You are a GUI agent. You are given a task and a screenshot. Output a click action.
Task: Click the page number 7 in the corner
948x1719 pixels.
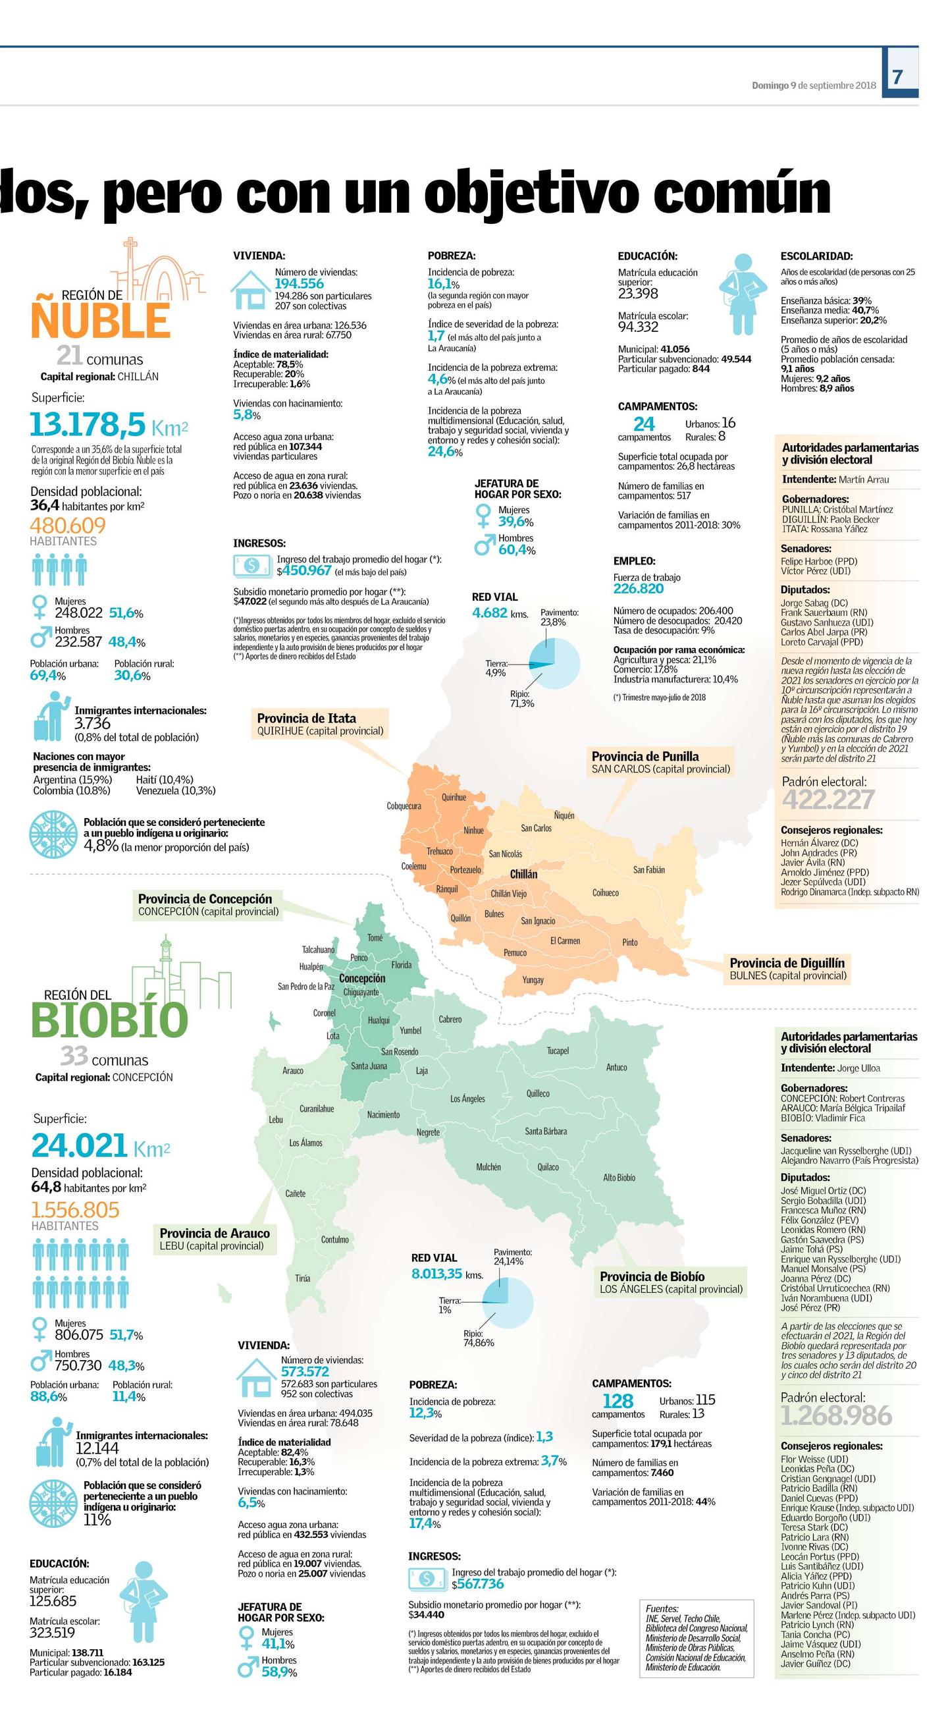[x=897, y=77]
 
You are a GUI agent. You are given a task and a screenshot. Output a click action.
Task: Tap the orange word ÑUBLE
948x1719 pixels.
[x=100, y=321]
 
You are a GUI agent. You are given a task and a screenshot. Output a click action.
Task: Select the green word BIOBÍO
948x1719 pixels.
[x=109, y=1020]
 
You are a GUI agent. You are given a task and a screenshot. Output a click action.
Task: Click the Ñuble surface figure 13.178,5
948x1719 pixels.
[x=88, y=423]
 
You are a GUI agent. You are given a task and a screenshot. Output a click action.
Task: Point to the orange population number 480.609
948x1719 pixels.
[x=68, y=525]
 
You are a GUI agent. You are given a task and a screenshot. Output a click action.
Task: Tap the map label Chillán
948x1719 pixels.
[x=523, y=874]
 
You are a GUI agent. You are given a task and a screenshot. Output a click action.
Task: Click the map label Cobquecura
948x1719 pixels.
[x=404, y=806]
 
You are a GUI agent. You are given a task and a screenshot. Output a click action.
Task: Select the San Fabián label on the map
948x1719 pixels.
[x=648, y=869]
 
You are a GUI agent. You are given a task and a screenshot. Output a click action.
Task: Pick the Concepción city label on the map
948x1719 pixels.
[x=361, y=978]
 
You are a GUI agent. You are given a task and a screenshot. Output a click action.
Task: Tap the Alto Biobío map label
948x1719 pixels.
[x=619, y=1178]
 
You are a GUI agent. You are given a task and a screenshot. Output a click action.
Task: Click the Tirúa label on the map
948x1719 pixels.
[x=302, y=1278]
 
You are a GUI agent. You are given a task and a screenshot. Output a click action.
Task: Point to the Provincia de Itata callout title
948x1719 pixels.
[x=306, y=719]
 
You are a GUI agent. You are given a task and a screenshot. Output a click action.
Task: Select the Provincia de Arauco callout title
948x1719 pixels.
[x=214, y=1233]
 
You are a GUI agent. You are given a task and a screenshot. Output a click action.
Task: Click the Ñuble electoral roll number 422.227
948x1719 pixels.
[x=828, y=799]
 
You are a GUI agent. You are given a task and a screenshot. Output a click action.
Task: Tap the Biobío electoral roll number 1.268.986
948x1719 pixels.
[x=835, y=1415]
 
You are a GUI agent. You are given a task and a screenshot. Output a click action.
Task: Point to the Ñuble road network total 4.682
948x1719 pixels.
[x=490, y=613]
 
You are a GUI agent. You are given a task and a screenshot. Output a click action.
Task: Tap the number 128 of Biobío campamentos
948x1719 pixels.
[x=617, y=1401]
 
